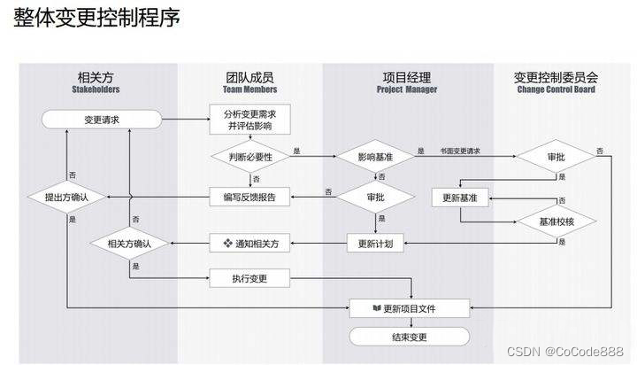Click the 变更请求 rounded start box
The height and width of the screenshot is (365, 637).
tap(102, 119)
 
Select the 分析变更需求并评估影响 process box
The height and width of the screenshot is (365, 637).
tap(249, 120)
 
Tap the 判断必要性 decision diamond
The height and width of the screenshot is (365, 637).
tap(249, 155)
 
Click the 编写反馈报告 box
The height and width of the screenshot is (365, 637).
tap(249, 197)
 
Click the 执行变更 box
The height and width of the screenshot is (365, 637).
tap(249, 279)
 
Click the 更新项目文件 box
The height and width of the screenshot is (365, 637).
tap(412, 308)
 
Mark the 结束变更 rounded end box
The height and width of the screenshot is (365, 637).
tap(412, 337)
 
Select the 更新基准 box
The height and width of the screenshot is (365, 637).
tap(460, 197)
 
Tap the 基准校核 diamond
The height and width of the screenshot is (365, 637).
tap(556, 221)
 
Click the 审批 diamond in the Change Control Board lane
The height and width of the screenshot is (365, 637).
tap(556, 156)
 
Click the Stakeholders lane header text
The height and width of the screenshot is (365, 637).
tap(95, 89)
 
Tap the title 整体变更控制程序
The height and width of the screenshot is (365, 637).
tap(97, 19)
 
